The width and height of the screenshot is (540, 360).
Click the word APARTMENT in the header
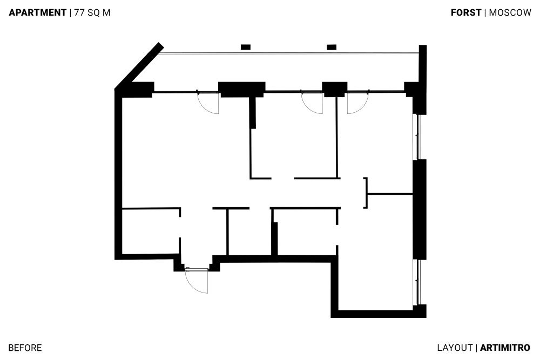tap(38, 13)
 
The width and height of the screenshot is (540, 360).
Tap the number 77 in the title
tap(79, 13)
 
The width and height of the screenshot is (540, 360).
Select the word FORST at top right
tap(466, 13)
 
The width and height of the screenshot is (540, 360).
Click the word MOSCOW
tap(510, 13)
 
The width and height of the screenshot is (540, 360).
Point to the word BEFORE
tap(25, 348)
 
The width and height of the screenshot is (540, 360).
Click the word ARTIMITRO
tap(505, 348)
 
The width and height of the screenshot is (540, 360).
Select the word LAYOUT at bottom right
tap(455, 348)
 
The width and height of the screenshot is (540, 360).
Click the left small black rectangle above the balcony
tap(246, 47)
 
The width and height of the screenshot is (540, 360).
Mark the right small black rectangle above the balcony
tap(332, 47)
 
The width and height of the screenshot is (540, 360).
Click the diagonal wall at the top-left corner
tap(139, 65)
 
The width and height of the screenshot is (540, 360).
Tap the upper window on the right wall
tap(417, 137)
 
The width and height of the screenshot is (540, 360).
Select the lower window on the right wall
tap(417, 282)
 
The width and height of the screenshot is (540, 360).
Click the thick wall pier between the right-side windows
tap(420, 209)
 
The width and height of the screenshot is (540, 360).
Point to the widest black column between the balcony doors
tap(242, 90)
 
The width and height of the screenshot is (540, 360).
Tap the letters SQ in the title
tap(93, 13)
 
